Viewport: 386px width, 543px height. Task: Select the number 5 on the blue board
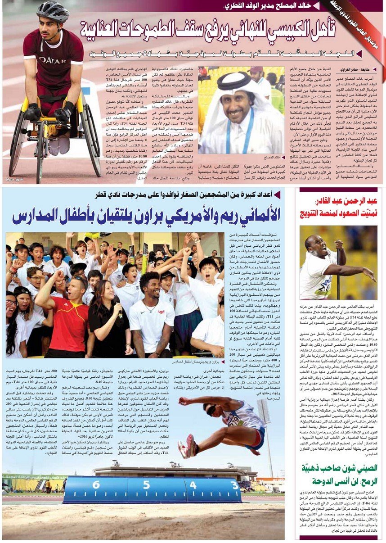click(146, 485)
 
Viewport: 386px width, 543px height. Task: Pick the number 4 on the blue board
click(193, 485)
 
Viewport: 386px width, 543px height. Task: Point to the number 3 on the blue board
click(235, 485)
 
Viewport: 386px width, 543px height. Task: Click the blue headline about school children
click(146, 215)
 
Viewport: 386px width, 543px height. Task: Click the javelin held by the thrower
click(338, 270)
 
